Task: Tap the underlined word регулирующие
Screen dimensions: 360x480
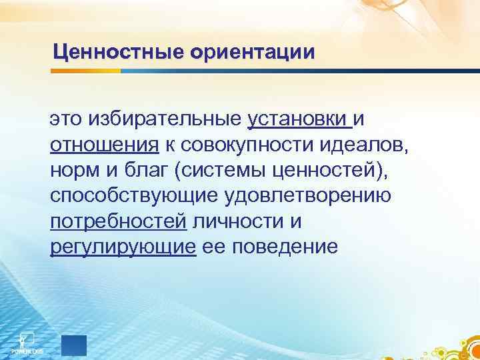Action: click(x=123, y=247)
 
